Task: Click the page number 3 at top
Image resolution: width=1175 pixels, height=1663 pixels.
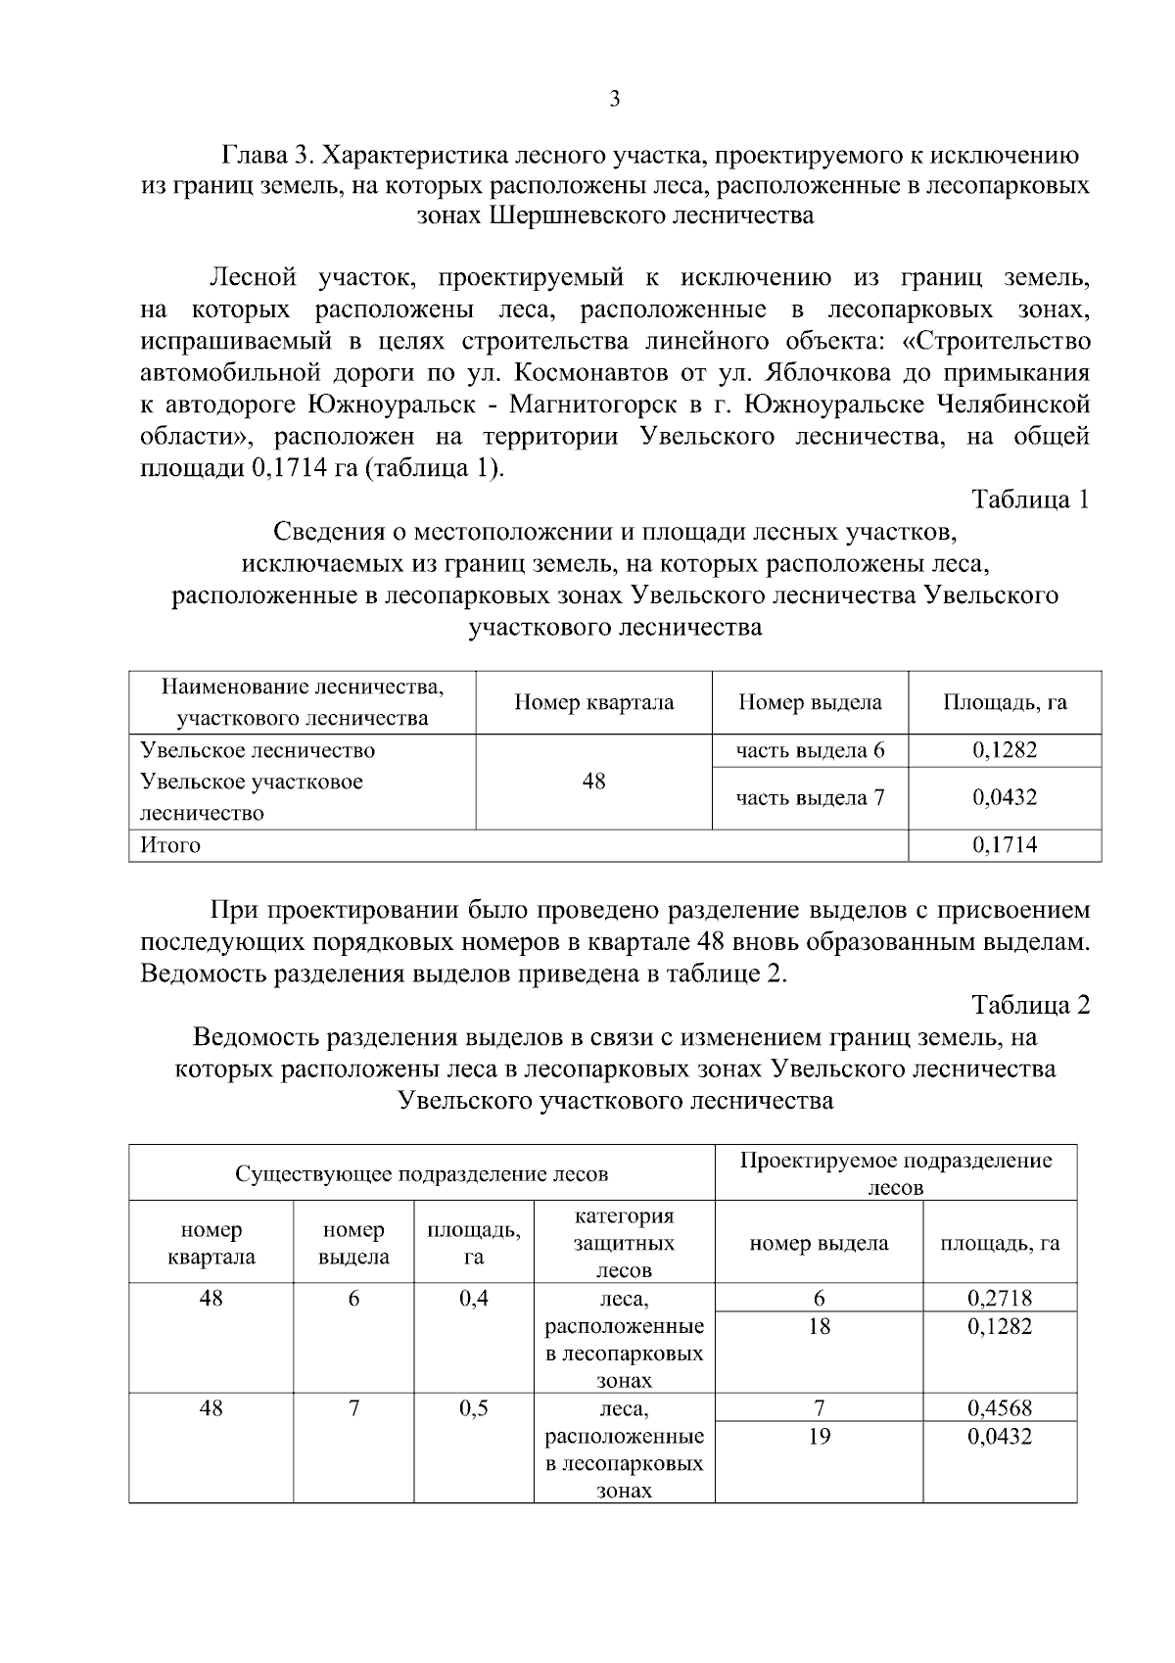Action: point(614,99)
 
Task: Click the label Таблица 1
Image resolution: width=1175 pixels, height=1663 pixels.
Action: point(1030,499)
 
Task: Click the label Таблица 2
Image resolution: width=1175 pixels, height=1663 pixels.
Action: point(1030,1005)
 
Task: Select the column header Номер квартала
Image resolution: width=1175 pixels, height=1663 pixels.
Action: point(593,702)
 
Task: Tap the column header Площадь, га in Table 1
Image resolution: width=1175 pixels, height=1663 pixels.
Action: point(1005,702)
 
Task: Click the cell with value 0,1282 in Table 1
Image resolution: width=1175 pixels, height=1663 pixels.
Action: point(1005,750)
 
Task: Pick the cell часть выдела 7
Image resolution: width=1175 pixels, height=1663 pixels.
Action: point(810,797)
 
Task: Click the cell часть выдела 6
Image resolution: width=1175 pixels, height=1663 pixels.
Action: point(810,750)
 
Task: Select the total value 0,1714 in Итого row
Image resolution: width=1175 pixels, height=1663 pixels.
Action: point(1005,845)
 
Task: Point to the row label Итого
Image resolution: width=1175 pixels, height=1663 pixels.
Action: point(170,845)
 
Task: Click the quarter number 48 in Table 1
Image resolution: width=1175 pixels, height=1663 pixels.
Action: point(593,782)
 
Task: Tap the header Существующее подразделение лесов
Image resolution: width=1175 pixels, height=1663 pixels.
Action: point(421,1173)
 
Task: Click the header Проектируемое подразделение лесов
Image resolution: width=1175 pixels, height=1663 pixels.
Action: point(896,1173)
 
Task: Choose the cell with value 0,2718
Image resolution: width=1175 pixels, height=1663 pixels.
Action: point(1000,1299)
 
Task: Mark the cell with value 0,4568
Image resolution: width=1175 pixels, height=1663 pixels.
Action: point(1000,1408)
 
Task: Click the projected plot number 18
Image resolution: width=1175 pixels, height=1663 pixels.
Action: point(819,1327)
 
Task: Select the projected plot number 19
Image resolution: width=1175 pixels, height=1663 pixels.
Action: point(819,1437)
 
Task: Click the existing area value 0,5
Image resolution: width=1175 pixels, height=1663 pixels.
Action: point(474,1408)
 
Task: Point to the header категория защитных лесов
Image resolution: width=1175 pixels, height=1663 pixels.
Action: point(624,1243)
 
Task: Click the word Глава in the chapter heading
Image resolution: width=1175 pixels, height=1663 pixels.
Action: point(258,155)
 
